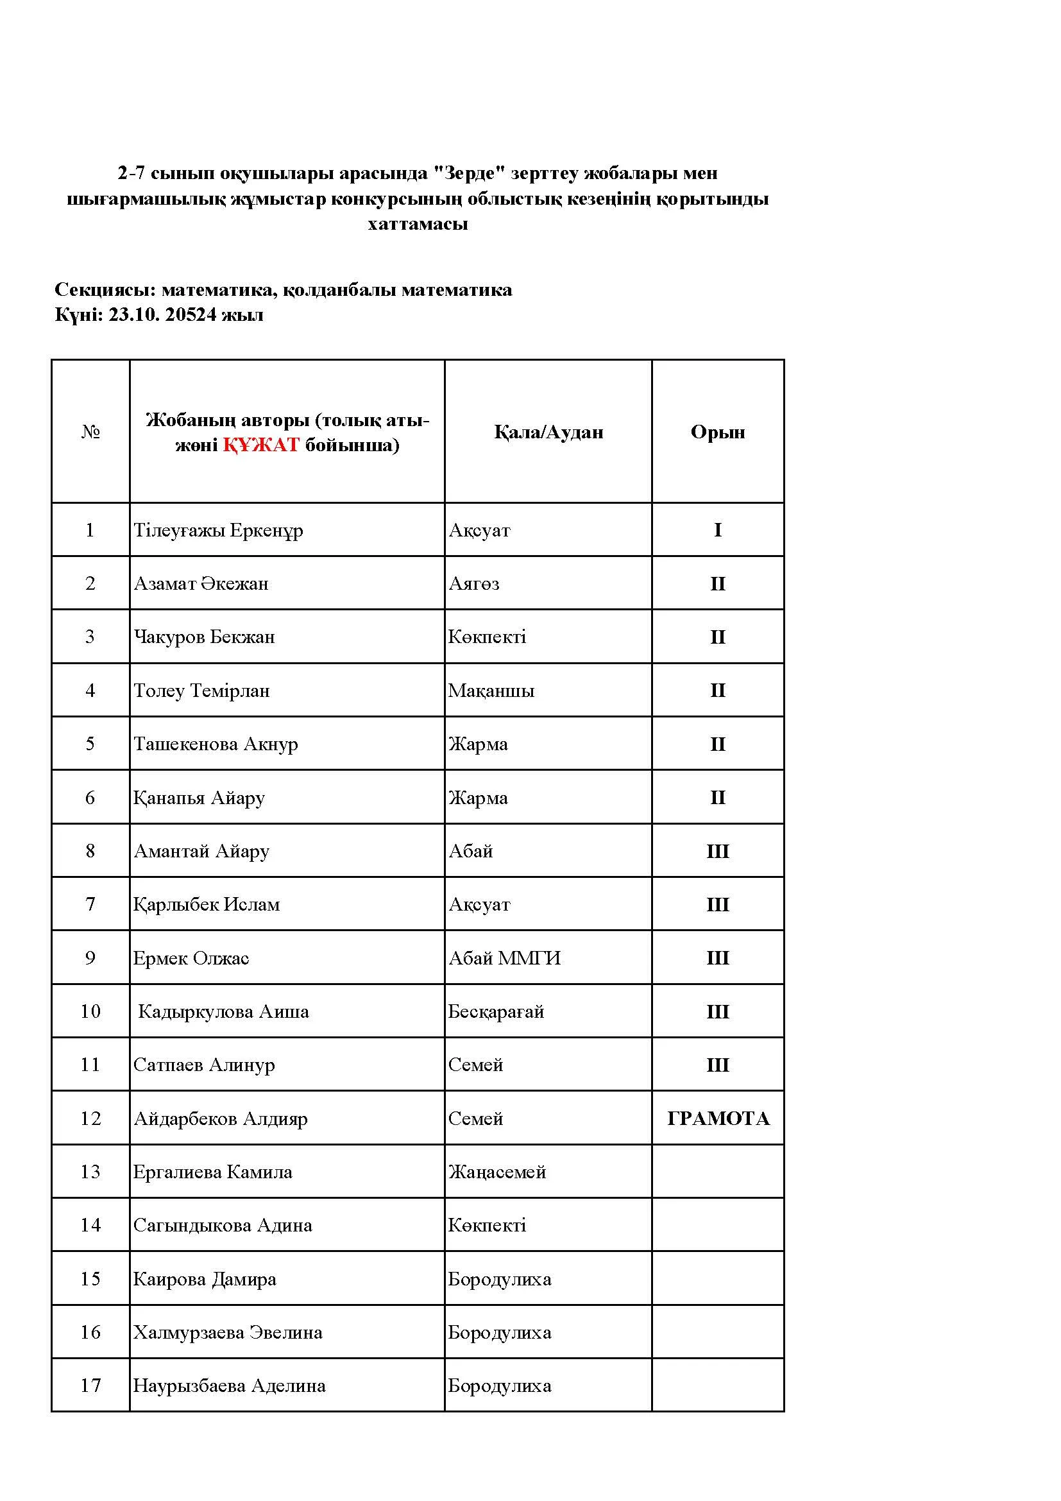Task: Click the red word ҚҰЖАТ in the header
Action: [x=260, y=445]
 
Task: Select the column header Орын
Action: [x=717, y=432]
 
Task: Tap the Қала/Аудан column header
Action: [x=548, y=432]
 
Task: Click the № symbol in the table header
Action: [x=90, y=432]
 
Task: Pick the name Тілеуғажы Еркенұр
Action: [x=218, y=530]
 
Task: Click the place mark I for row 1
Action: [x=717, y=530]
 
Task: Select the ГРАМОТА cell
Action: [x=718, y=1119]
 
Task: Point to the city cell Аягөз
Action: [x=473, y=584]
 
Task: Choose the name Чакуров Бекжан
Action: [x=204, y=637]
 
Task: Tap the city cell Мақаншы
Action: [x=491, y=691]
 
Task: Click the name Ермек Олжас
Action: [x=191, y=958]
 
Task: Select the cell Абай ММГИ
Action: [x=504, y=958]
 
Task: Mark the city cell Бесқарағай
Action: [x=496, y=1012]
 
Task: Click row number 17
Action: [x=90, y=1385]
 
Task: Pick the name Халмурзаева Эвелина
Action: [x=227, y=1332]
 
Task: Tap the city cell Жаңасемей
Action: [x=497, y=1172]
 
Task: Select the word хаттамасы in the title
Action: [x=418, y=224]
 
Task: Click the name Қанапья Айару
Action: [x=199, y=798]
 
